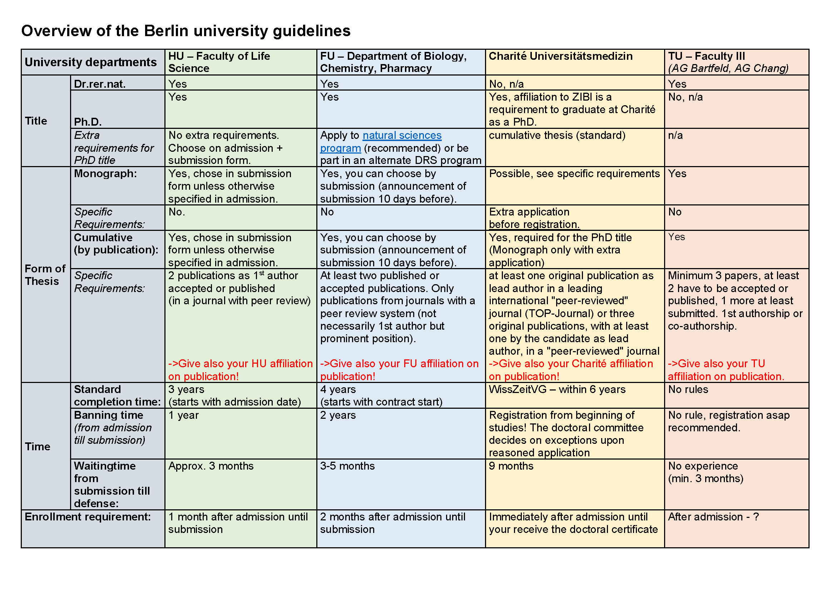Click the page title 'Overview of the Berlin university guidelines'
[186, 31]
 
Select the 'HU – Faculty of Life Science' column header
[219, 62]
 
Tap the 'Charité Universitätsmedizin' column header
[560, 56]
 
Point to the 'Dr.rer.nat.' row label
[100, 84]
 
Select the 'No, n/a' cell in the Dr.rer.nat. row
[506, 84]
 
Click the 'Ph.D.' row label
[88, 122]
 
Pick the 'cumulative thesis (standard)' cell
[557, 136]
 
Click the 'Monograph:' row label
[105, 174]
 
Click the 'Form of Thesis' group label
[45, 275]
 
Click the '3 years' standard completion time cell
[186, 389]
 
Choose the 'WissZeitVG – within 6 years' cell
[557, 389]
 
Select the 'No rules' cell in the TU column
[688, 389]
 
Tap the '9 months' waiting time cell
[511, 466]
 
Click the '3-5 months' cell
[347, 466]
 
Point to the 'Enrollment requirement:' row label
[87, 517]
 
